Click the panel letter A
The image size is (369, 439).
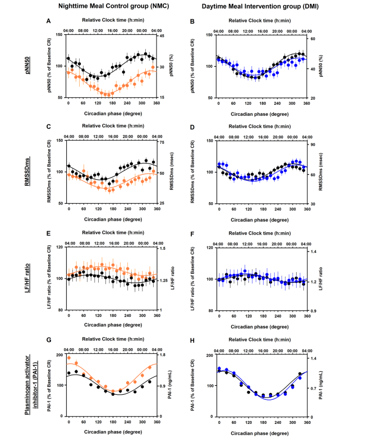coord(48,21)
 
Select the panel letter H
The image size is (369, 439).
coord(192,340)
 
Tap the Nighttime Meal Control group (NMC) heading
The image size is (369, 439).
coord(113,6)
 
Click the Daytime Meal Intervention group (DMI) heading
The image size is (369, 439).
coord(260,7)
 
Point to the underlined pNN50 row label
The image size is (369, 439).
coord(27,65)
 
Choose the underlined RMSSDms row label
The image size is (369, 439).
coord(27,172)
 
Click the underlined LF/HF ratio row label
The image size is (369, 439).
coord(27,278)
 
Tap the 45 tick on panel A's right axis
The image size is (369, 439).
coord(162,36)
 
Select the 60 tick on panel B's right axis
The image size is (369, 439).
coord(313,39)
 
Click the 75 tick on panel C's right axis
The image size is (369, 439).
coord(162,142)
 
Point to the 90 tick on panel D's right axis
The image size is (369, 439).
coord(313,144)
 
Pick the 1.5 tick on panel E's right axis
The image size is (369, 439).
coord(163,249)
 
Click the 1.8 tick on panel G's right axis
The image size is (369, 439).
coord(163,355)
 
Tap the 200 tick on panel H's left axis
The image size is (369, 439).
coord(210,355)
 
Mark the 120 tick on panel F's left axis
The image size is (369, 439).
coord(210,247)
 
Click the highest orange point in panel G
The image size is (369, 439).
coord(69,358)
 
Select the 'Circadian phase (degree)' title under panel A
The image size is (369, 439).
coord(113,114)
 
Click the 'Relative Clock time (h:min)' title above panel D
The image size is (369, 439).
coord(260,127)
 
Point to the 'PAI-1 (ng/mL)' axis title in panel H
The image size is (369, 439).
coord(321,385)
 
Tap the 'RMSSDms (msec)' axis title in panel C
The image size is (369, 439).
coord(172,171)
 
